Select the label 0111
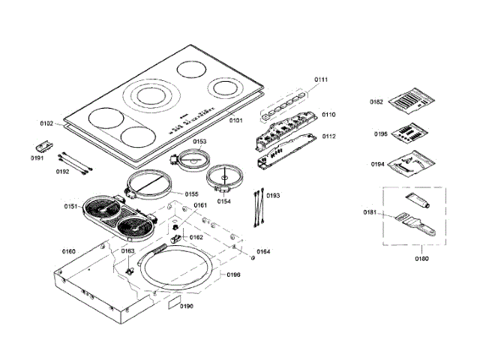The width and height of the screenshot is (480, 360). coord(321,79)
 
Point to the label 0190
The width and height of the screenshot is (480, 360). coord(186,306)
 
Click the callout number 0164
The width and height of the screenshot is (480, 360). coord(263,251)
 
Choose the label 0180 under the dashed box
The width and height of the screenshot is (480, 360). coord(423,259)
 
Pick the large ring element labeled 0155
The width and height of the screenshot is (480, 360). coord(148,184)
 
